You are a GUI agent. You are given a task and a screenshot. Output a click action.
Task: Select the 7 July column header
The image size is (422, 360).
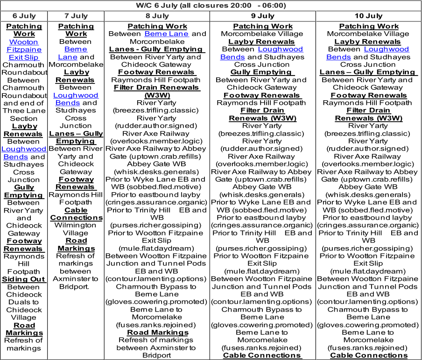pyautogui.click(x=76, y=16)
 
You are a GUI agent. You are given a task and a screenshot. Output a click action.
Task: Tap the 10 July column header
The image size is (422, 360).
pyautogui.click(x=368, y=16)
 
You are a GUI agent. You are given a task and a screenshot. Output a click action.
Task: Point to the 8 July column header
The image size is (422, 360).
pyautogui.click(x=157, y=16)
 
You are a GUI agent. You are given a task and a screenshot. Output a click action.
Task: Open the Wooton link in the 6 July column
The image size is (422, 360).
pyautogui.click(x=24, y=42)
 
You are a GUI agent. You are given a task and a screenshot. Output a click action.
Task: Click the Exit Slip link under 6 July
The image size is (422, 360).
pyautogui.click(x=24, y=57)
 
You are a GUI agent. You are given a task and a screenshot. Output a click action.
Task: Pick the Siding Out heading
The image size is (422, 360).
pyautogui.click(x=24, y=279)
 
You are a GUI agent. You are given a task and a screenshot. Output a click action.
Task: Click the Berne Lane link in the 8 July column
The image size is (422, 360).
pyautogui.click(x=167, y=34)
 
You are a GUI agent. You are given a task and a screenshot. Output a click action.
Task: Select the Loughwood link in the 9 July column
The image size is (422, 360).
pyautogui.click(x=281, y=49)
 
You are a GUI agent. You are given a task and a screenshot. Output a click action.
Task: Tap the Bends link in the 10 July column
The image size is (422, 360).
pyautogui.click(x=338, y=57)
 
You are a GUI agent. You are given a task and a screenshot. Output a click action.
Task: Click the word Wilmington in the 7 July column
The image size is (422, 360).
pyautogui.click(x=75, y=225)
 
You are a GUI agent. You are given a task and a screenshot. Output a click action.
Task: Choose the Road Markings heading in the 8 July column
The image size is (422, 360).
pyautogui.click(x=158, y=332)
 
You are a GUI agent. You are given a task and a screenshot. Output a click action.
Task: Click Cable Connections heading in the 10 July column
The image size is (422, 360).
pyautogui.click(x=369, y=355)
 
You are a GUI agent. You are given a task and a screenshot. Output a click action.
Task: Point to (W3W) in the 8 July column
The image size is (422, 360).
pyautogui.click(x=157, y=96)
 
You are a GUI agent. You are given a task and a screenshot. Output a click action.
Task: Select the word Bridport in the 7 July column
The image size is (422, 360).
pyautogui.click(x=74, y=287)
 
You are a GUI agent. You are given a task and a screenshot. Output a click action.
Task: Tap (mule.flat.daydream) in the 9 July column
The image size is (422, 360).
pyautogui.click(x=262, y=271)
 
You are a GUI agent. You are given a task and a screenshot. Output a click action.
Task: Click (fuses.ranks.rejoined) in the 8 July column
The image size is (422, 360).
pyautogui.click(x=156, y=325)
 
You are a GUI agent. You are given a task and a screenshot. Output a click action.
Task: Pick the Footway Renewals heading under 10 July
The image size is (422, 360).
pyautogui.click(x=369, y=96)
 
